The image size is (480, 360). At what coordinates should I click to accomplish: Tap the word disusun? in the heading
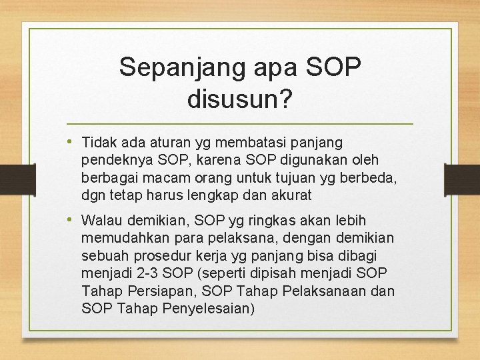pos(240,99)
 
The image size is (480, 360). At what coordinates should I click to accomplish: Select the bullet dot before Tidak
pos(71,141)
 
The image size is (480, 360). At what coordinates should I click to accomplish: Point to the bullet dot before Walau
pos(71,219)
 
